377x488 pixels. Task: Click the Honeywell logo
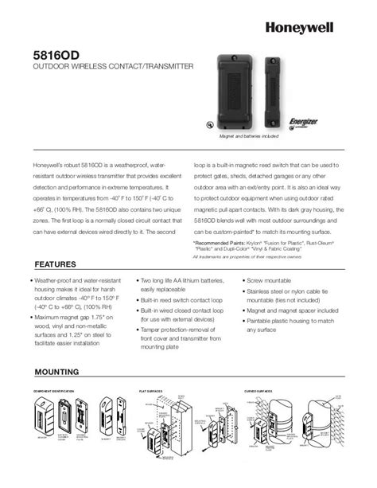tap(321, 25)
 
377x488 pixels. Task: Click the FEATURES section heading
tap(55, 264)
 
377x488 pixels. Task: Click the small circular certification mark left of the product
tap(208, 124)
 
